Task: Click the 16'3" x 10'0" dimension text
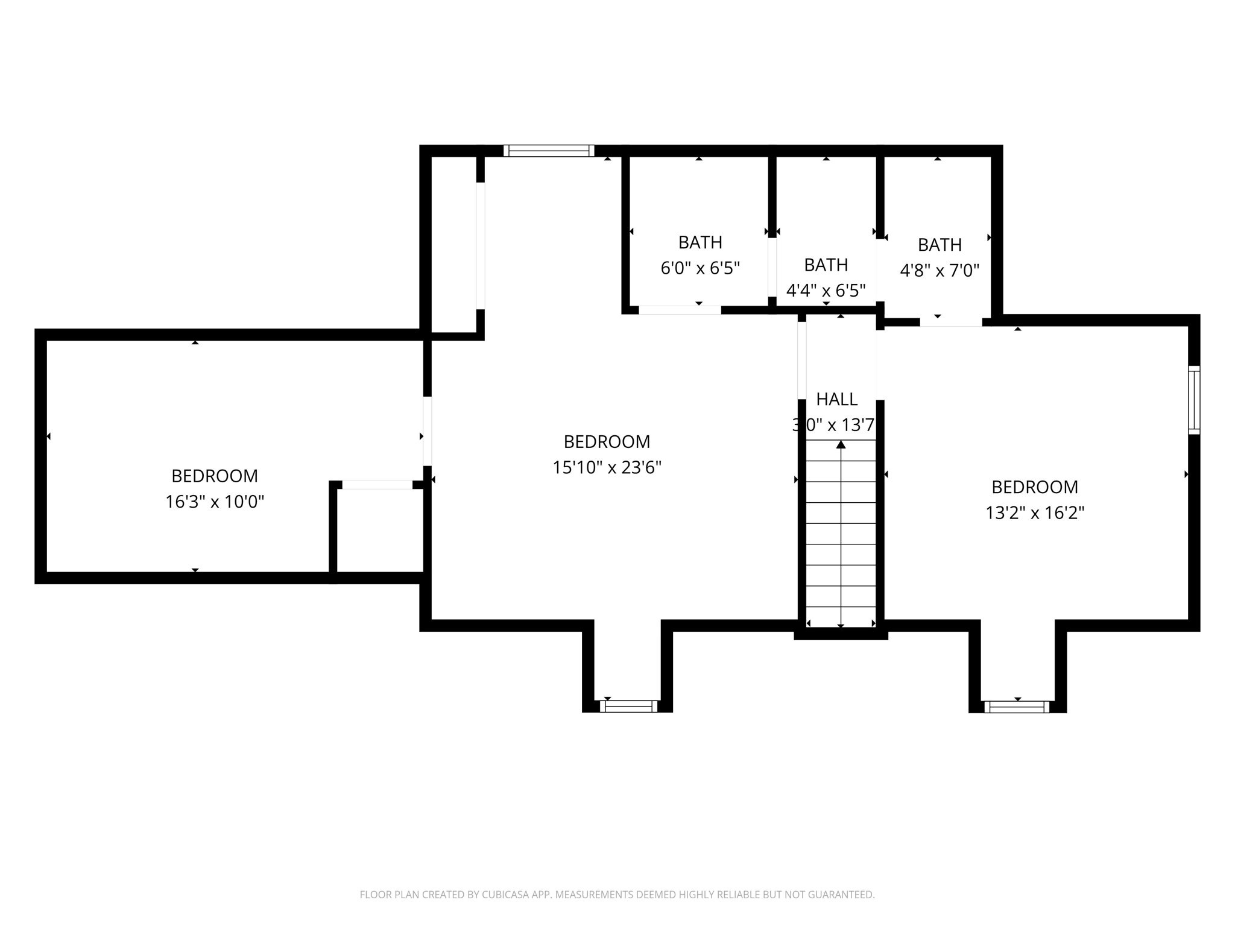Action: [215, 502]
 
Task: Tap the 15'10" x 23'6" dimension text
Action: [607, 467]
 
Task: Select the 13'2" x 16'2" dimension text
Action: [1035, 513]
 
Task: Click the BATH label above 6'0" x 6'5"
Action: [700, 242]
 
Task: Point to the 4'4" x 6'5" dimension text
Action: [826, 291]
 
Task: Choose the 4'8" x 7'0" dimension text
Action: [939, 271]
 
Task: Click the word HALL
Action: [836, 399]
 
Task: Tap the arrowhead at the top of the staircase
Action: [841, 445]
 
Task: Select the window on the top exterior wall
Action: [549, 151]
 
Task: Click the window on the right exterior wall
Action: [1194, 400]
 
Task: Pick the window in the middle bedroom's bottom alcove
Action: [628, 706]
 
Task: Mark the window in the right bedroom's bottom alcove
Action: [1017, 707]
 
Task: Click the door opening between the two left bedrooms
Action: [427, 430]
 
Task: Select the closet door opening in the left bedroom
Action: [377, 485]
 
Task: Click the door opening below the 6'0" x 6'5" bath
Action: [680, 310]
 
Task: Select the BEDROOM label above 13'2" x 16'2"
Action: [1035, 487]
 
